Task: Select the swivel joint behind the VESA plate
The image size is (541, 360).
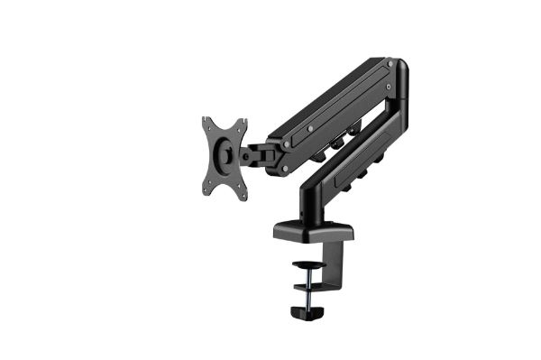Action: click(261, 151)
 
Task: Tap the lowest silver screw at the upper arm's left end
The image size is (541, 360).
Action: click(285, 168)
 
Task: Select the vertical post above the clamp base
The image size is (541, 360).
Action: click(312, 198)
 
